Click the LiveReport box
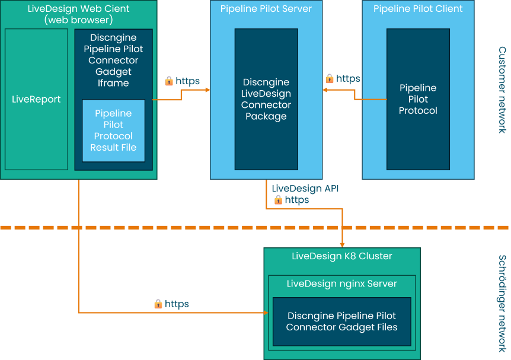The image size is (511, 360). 36,99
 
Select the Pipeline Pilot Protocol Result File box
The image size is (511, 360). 113,130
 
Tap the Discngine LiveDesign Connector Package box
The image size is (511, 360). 266,99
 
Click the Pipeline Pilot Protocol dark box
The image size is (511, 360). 418,99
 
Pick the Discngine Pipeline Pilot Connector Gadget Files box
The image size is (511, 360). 341,321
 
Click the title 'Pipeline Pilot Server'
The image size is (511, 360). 266,9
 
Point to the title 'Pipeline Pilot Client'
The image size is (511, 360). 418,9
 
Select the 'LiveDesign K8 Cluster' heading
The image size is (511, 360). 342,256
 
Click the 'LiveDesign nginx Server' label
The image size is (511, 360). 341,283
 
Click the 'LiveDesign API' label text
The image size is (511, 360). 305,189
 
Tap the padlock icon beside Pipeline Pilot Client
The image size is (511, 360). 329,78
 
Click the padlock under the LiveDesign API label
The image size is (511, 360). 277,200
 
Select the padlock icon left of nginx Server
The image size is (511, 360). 158,304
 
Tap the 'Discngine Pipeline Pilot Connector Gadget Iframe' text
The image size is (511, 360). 113,60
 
